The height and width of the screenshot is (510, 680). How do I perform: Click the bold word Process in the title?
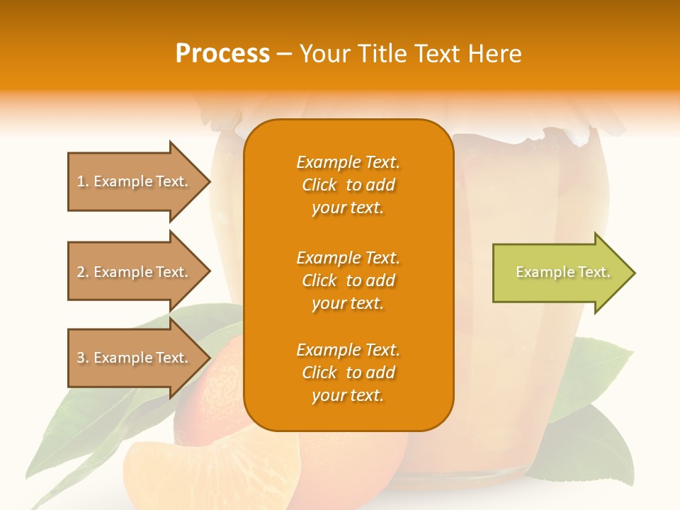click(x=222, y=54)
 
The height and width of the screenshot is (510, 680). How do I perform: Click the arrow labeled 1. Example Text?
click(x=135, y=181)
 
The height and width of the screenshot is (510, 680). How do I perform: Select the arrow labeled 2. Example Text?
click(x=135, y=272)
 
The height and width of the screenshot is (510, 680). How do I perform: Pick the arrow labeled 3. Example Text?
click(x=135, y=358)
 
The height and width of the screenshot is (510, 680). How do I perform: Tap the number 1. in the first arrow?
click(x=83, y=181)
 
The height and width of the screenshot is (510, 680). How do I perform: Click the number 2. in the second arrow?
click(x=83, y=272)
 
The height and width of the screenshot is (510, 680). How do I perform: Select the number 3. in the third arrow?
click(x=83, y=358)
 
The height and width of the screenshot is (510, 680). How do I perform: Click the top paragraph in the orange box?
click(x=348, y=185)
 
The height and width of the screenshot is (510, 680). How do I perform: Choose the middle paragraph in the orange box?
click(x=348, y=280)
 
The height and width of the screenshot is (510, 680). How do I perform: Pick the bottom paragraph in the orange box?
click(x=348, y=373)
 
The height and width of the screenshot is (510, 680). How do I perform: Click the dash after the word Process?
click(x=284, y=55)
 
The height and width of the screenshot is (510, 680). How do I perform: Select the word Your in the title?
click(x=323, y=54)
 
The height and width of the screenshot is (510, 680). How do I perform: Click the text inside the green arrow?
click(x=562, y=272)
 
